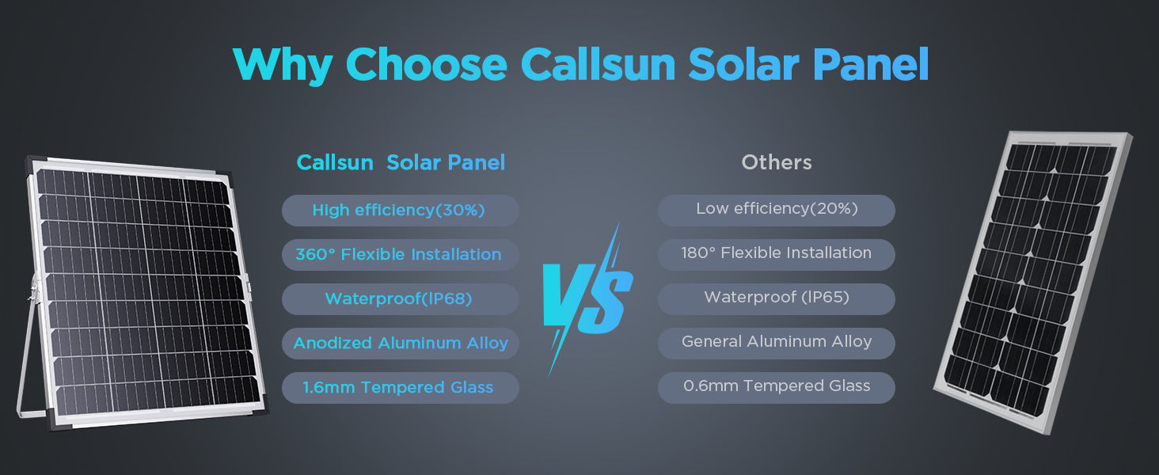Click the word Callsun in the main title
(598, 65)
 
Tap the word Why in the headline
(283, 66)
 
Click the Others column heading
(776, 162)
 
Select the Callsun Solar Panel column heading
(401, 162)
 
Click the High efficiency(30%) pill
(401, 210)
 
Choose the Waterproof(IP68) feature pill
(401, 299)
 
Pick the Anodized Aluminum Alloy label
(401, 344)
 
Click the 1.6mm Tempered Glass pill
(401, 388)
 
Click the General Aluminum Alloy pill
(776, 344)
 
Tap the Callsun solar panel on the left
(145, 292)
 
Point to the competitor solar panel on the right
(1032, 282)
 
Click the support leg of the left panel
(26, 357)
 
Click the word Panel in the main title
(871, 65)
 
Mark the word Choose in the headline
(427, 65)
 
